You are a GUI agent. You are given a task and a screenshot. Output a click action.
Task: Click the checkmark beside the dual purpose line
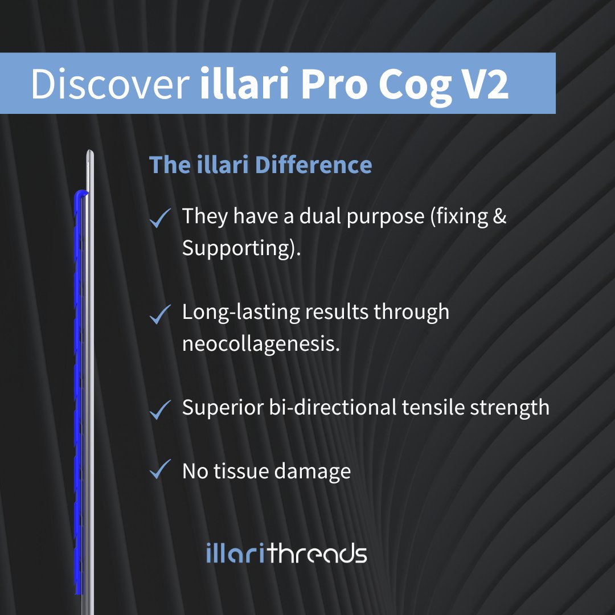(x=161, y=218)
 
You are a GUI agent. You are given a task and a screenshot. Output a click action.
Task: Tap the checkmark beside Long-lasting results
(x=161, y=314)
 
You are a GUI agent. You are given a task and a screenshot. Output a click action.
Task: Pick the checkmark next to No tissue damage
(x=161, y=471)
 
